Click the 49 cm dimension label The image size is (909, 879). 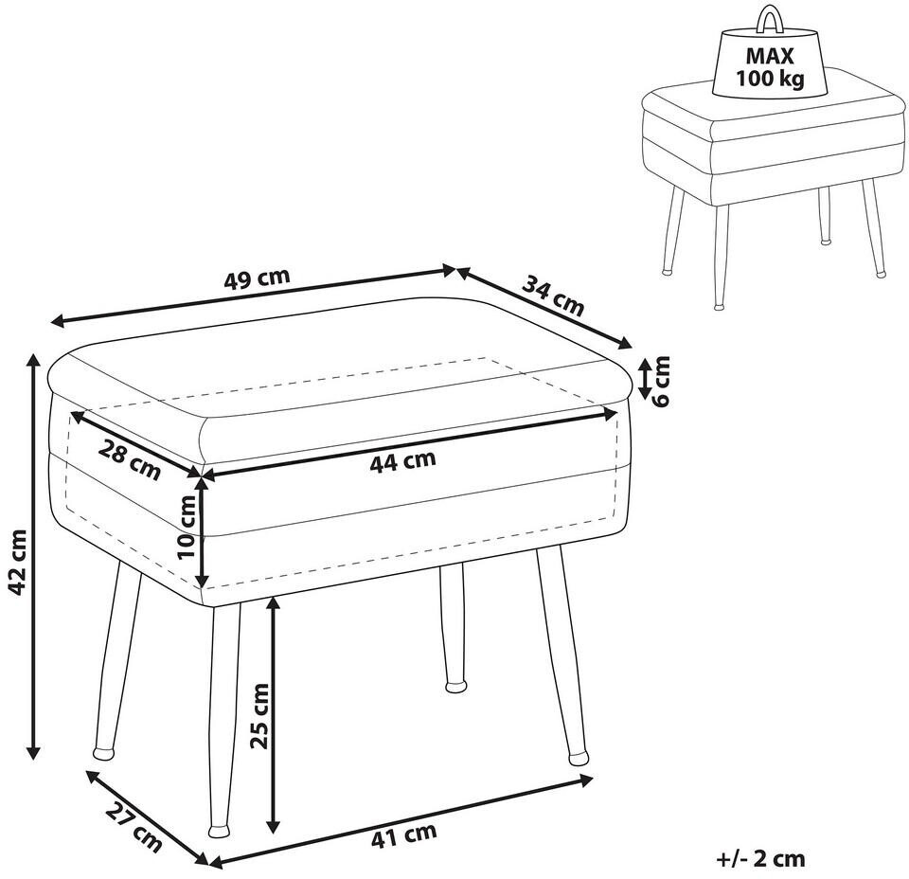(257, 278)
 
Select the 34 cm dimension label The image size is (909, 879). (553, 296)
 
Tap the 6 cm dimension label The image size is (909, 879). (661, 381)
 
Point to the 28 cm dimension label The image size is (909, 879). (130, 460)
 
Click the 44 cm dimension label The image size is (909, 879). (402, 461)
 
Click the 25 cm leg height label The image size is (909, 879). (259, 716)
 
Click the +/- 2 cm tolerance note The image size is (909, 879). (760, 859)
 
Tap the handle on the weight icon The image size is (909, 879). (769, 19)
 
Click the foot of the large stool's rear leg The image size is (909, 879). (455, 687)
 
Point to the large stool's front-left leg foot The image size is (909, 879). (104, 753)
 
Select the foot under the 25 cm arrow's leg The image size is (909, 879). (219, 831)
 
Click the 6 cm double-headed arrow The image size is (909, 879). (644, 379)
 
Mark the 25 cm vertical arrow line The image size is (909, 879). (273, 715)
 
